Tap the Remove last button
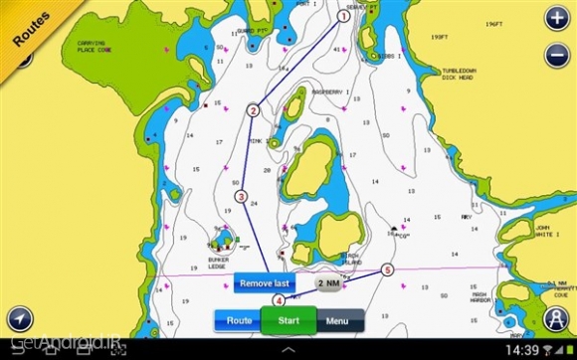point(265,283)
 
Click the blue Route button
point(239,321)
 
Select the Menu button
point(337,321)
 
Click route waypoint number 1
point(343,16)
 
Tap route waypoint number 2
point(254,110)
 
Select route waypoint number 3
point(241,197)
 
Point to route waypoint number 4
point(279,299)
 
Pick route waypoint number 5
point(387,269)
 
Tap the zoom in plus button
point(555,18)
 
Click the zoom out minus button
point(555,56)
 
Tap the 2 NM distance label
point(329,283)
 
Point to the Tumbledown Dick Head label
point(462,75)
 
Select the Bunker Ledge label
point(218,264)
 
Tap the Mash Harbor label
point(481,297)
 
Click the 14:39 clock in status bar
point(521,350)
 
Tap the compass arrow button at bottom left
point(20,318)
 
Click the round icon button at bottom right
point(554,318)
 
